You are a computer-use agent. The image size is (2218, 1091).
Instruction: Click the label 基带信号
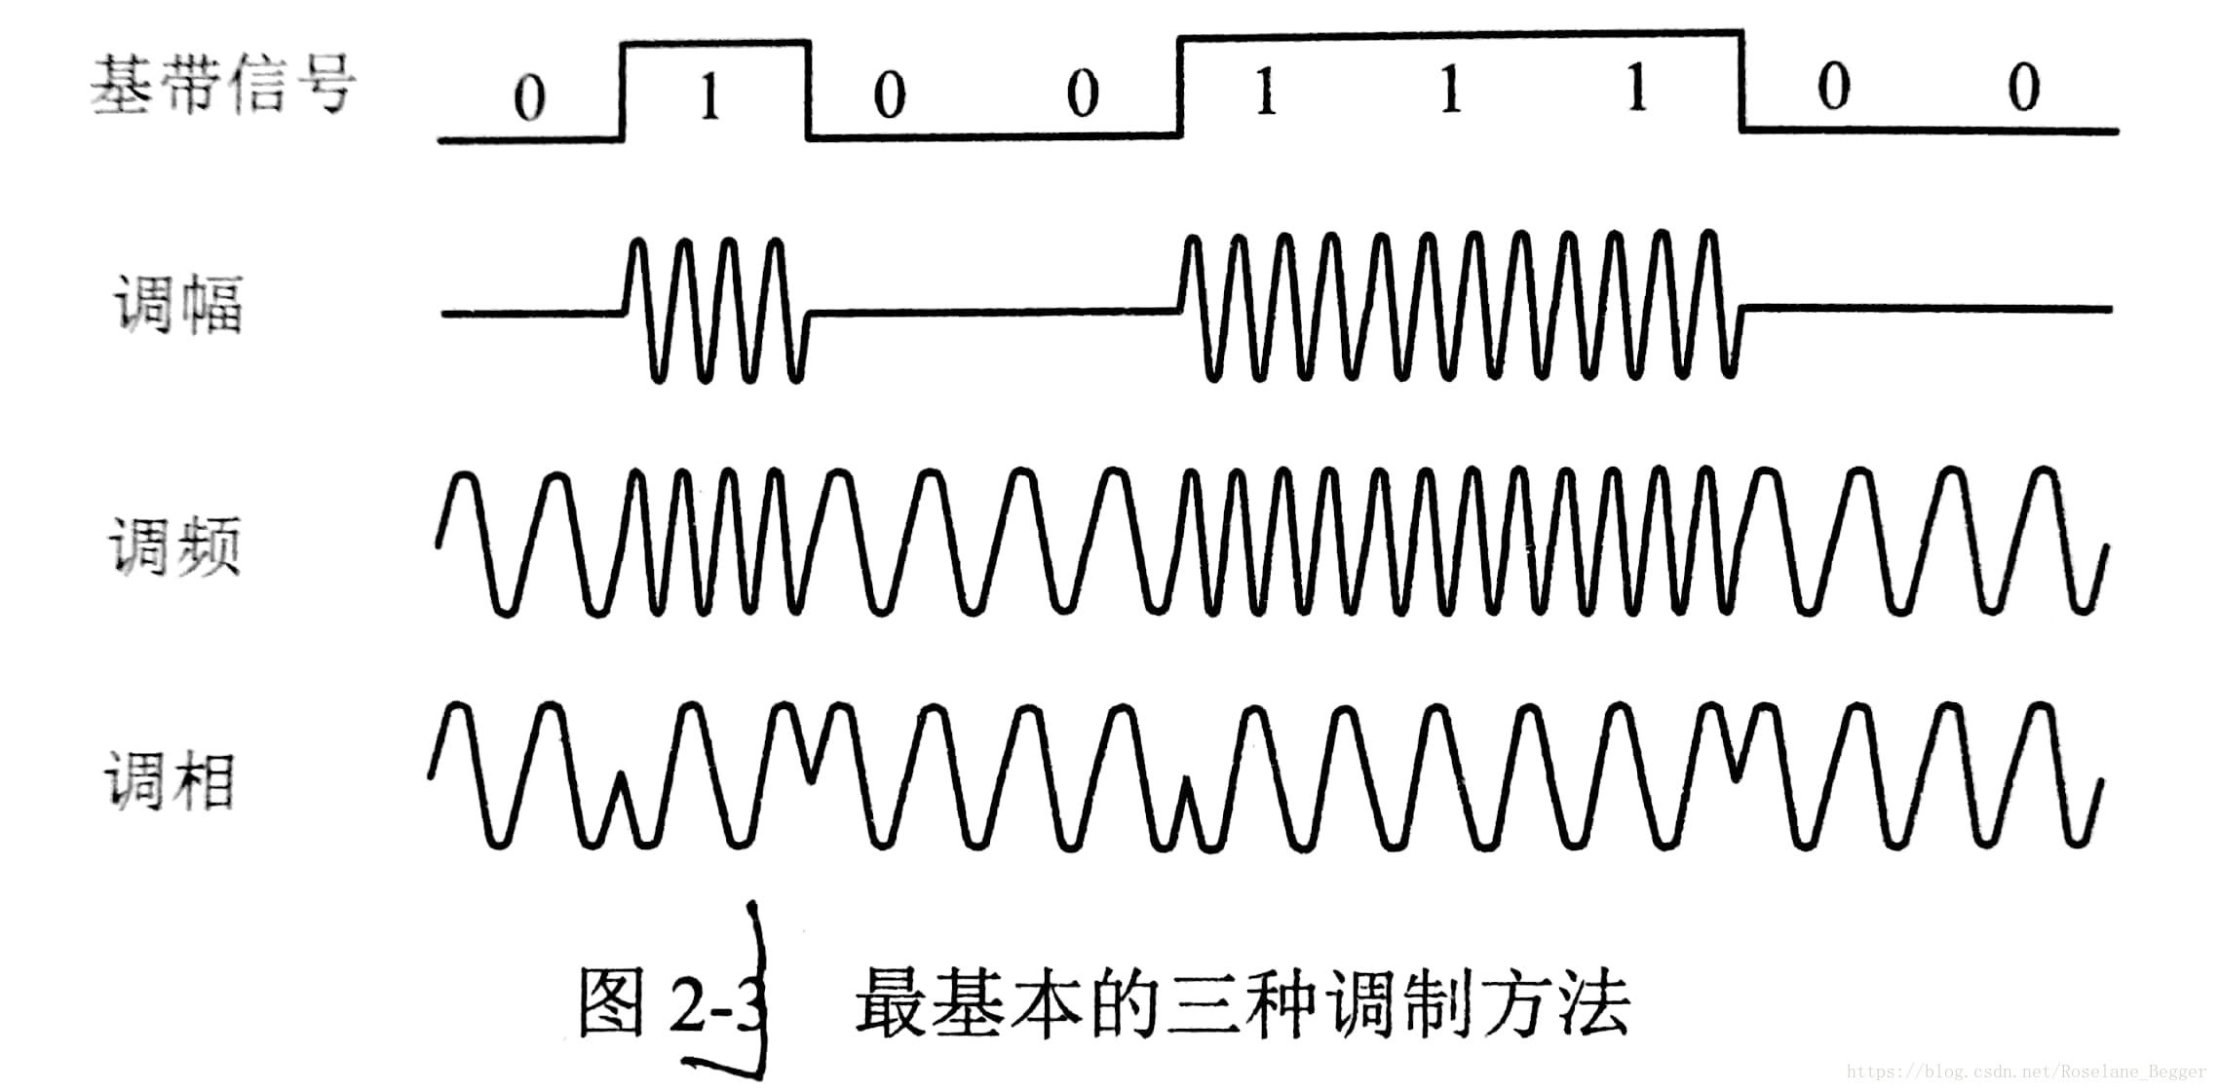(222, 85)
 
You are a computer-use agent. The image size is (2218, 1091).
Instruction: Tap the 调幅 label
(178, 305)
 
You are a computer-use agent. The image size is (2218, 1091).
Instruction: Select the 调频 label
(173, 545)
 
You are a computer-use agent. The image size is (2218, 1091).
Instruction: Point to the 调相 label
(170, 780)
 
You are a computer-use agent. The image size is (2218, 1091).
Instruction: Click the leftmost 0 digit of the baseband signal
(529, 98)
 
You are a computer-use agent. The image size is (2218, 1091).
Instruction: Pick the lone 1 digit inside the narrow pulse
(709, 96)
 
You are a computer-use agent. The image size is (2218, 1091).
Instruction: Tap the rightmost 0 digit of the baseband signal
(2023, 88)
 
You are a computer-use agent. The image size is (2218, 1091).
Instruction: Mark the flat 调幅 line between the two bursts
(994, 312)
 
